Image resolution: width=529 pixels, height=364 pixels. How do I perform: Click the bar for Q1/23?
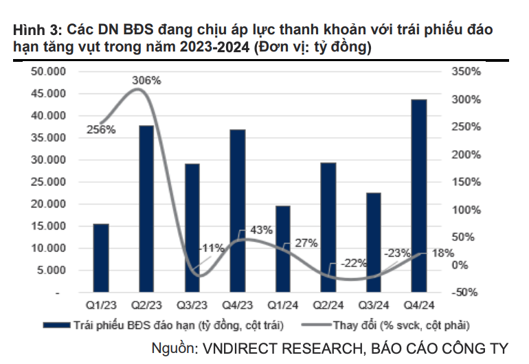[x=101, y=258]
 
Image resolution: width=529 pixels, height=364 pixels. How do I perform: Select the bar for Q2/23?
[x=146, y=209]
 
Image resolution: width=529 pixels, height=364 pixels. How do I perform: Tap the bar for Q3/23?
[x=192, y=228]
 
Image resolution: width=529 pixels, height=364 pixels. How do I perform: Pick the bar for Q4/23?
[x=237, y=211]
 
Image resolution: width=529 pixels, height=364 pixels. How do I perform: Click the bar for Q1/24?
[x=282, y=249]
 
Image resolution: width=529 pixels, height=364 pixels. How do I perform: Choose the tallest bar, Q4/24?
[x=419, y=196]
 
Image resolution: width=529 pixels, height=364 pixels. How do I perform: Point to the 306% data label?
[x=146, y=80]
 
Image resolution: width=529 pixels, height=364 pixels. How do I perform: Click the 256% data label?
[x=101, y=129]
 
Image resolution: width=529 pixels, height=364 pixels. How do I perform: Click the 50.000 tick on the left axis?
[x=48, y=71]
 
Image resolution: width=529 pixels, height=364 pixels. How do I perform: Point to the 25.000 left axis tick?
[x=48, y=182]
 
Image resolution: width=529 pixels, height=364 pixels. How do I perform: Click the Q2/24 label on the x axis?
[x=328, y=304]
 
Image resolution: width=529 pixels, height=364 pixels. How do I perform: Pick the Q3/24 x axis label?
[x=374, y=304]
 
